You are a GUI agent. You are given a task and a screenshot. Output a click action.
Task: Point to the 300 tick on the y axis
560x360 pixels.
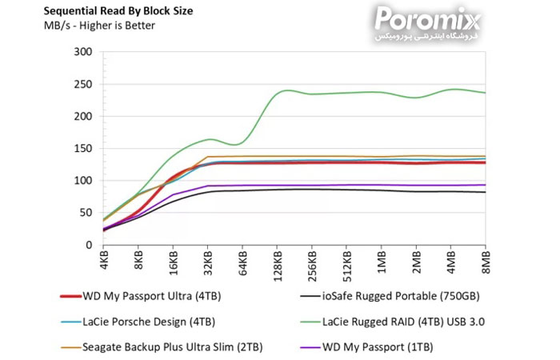click(82, 52)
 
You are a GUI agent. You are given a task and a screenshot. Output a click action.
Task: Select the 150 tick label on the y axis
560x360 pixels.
click(82, 149)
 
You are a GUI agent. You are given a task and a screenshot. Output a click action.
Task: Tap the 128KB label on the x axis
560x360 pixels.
click(278, 264)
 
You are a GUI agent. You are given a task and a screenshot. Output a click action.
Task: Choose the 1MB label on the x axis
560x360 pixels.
click(382, 261)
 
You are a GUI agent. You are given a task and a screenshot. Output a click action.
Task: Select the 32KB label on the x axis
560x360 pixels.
click(208, 262)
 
